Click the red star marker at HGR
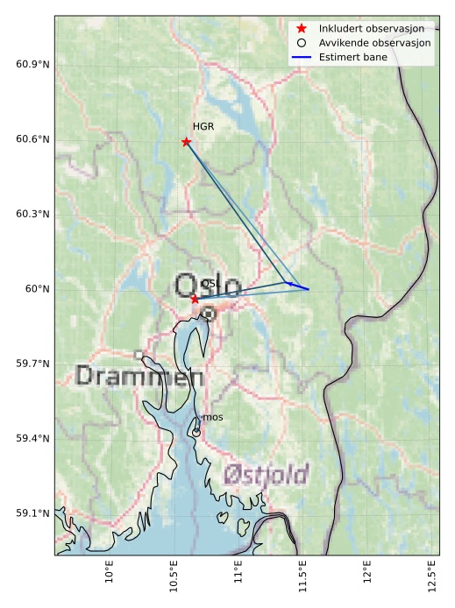186,142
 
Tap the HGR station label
203,127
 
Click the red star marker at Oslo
195,299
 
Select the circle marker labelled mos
196,432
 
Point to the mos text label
212,418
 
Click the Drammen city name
139,377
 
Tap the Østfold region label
266,475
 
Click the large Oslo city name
207,286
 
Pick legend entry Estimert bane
352,57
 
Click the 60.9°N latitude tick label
32,65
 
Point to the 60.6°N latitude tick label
32,139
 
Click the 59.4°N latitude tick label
32,439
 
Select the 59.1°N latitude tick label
32,513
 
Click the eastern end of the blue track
309,289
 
